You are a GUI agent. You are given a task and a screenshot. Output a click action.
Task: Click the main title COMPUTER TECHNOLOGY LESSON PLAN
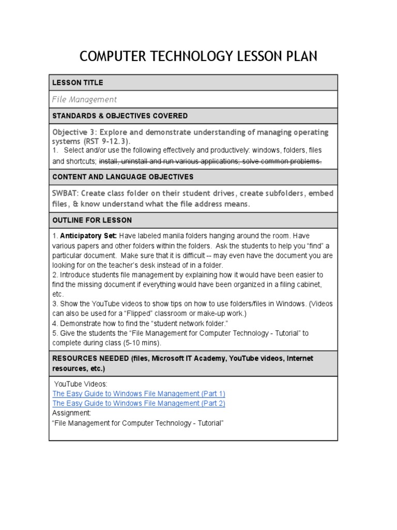click(198, 56)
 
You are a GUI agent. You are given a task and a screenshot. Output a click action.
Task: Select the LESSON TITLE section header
click(78, 83)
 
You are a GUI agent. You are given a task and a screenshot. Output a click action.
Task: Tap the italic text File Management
click(84, 99)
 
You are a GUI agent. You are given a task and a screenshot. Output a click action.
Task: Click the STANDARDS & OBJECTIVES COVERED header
click(120, 116)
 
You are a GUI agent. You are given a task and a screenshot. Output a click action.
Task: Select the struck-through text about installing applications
click(210, 161)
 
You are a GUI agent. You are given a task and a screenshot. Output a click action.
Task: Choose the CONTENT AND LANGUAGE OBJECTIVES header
click(123, 177)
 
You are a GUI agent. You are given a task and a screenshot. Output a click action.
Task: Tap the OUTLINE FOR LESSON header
click(92, 220)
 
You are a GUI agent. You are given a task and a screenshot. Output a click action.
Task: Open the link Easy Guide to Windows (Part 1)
click(139, 393)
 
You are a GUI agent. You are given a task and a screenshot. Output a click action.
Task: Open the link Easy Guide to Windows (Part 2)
click(139, 403)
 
